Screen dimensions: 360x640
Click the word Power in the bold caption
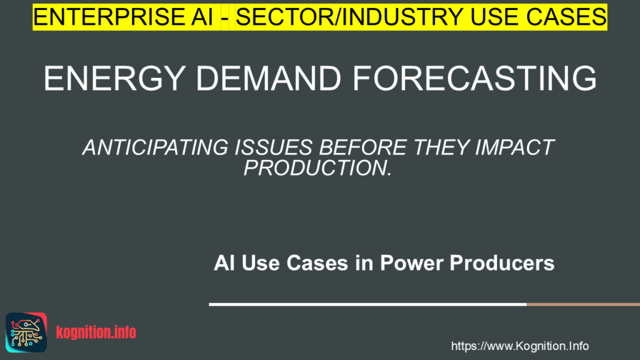pos(412,263)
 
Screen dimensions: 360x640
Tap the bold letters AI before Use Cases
pos(224,263)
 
